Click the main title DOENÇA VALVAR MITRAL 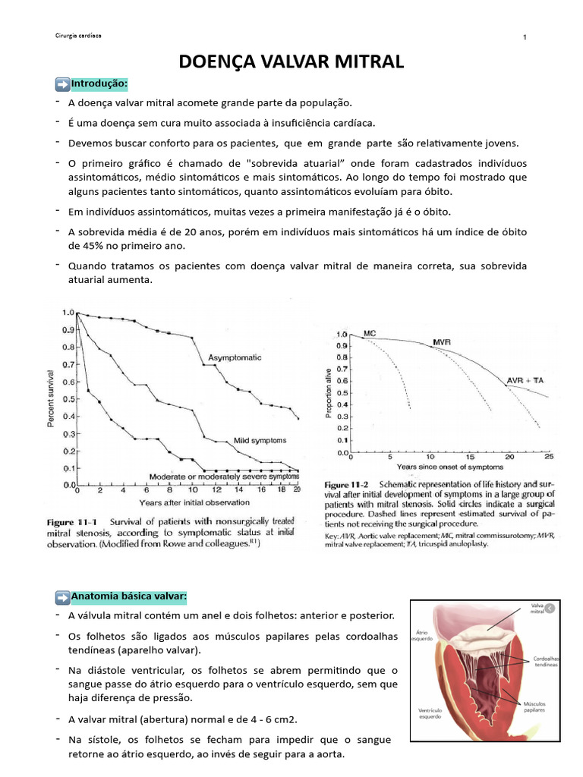pos(291,61)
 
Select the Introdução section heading pos(99,83)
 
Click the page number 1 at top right pos(525,38)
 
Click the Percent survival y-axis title pos(52,398)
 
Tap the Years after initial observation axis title pos(194,502)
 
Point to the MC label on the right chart pos(370,333)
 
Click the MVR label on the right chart pos(442,343)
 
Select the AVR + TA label pos(525,379)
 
